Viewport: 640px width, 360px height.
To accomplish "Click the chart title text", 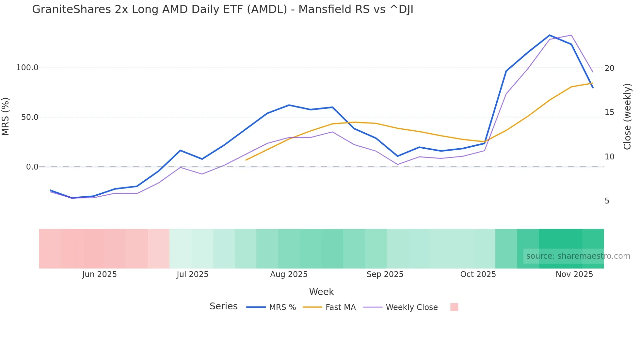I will tap(223, 9).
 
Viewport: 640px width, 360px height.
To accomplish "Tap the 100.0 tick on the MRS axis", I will tap(27, 68).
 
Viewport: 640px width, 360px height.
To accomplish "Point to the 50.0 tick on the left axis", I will tap(30, 117).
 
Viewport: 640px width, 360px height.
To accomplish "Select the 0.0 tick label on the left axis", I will tap(32, 167).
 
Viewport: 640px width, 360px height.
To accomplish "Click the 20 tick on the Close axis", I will tap(609, 68).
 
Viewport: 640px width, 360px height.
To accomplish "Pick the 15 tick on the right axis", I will tap(609, 112).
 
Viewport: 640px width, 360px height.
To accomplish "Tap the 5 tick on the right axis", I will tap(607, 201).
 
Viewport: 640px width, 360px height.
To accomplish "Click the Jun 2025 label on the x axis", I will tap(99, 274).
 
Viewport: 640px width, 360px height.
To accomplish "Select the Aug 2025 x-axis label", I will tap(289, 274).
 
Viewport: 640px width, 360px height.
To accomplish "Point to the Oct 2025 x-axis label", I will tap(478, 274).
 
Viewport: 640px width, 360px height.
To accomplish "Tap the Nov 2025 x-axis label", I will tap(574, 274).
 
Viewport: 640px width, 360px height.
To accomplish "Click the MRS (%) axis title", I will tap(6, 117).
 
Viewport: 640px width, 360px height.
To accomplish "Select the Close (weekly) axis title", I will tap(627, 117).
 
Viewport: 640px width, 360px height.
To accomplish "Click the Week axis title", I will tap(321, 292).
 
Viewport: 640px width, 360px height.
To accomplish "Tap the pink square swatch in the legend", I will tap(454, 307).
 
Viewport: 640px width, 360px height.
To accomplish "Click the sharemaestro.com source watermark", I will tap(578, 256).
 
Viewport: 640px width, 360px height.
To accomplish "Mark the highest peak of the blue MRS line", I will tap(550, 35).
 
